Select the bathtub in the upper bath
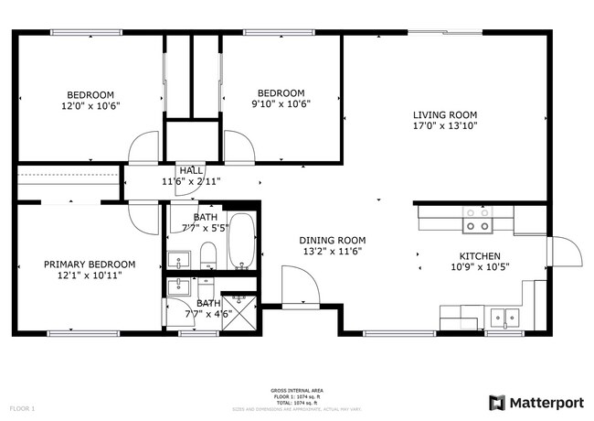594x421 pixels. pyautogui.click(x=241, y=242)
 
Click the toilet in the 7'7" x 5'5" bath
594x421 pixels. pyautogui.click(x=208, y=253)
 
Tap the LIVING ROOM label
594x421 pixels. pyautogui.click(x=444, y=115)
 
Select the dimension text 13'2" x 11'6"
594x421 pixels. pyautogui.click(x=332, y=252)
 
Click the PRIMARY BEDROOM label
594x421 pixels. pyautogui.click(x=90, y=264)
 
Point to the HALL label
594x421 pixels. pyautogui.click(x=191, y=170)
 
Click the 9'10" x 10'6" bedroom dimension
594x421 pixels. pyautogui.click(x=281, y=104)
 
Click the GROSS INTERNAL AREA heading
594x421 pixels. pyautogui.click(x=296, y=390)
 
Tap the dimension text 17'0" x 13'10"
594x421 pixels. pyautogui.click(x=444, y=127)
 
